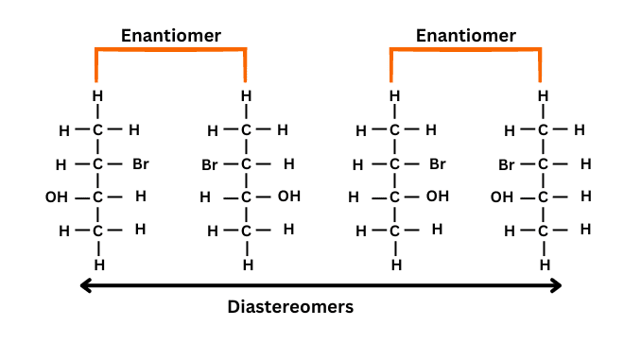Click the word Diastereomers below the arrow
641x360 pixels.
point(291,307)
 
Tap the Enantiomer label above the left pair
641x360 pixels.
point(170,36)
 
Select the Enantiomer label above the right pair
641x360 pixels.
point(466,36)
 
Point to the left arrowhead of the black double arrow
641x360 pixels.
point(84,285)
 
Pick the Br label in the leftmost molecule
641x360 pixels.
point(140,164)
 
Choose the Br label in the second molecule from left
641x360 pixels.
point(210,164)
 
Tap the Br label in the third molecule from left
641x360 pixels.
point(437,164)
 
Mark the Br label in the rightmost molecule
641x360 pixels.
point(507,164)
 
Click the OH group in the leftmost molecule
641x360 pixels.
point(57,197)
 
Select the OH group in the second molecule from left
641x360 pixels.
point(288,197)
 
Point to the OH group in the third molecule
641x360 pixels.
point(437,197)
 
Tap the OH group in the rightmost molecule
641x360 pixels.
point(502,197)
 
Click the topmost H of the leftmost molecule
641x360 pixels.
point(96,95)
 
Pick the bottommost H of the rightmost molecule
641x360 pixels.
point(545,265)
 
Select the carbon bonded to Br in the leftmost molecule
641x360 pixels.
point(96,164)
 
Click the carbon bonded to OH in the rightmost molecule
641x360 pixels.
point(544,197)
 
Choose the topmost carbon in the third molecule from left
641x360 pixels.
point(395,130)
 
